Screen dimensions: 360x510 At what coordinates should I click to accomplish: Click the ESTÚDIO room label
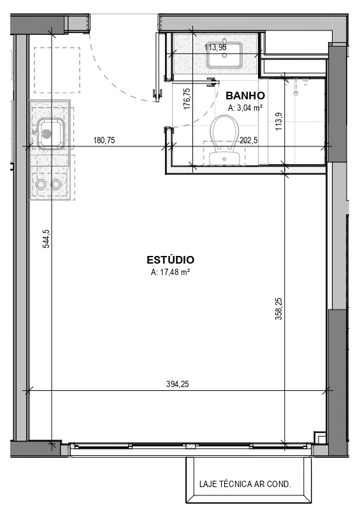pyautogui.click(x=170, y=260)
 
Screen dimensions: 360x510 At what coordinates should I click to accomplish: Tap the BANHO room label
pyautogui.click(x=245, y=96)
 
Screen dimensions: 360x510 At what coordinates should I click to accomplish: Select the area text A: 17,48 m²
pyautogui.click(x=170, y=273)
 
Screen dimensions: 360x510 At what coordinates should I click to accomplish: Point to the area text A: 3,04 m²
pyautogui.click(x=245, y=108)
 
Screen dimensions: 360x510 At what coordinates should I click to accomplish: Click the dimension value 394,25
pyautogui.click(x=177, y=384)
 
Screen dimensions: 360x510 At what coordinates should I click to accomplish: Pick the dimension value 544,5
pyautogui.click(x=47, y=239)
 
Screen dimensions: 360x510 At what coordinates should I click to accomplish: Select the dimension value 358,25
pyautogui.click(x=279, y=309)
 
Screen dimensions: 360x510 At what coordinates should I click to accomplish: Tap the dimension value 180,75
pyautogui.click(x=104, y=141)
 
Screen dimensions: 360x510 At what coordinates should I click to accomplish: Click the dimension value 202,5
pyautogui.click(x=248, y=141)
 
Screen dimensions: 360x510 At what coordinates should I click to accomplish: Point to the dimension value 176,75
pyautogui.click(x=187, y=99)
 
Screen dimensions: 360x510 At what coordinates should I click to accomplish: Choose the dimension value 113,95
pyautogui.click(x=215, y=48)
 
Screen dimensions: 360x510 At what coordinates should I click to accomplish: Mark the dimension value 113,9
pyautogui.click(x=279, y=122)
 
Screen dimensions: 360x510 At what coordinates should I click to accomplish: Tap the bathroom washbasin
pyautogui.click(x=224, y=55)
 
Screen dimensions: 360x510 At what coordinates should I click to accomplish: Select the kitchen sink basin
pyautogui.click(x=50, y=133)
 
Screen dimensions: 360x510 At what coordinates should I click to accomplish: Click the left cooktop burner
pyautogui.click(x=41, y=185)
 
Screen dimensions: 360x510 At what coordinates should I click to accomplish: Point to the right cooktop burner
pyautogui.click(x=56, y=185)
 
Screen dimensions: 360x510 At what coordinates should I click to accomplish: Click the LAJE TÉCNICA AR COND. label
pyautogui.click(x=245, y=485)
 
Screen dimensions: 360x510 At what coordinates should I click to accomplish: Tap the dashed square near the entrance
pyautogui.click(x=57, y=70)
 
